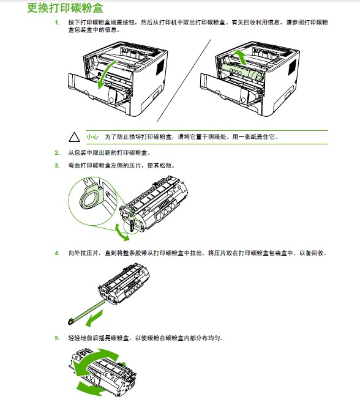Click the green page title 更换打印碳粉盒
pos(65,8)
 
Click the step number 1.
pos(58,23)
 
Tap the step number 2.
pos(58,153)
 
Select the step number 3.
pos(58,166)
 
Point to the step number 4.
pos(58,253)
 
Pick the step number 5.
pos(58,338)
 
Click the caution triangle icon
pos(74,137)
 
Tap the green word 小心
pos(92,137)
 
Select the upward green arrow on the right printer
pos(241,57)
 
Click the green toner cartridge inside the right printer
pos(243,72)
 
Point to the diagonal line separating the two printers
pos(184,81)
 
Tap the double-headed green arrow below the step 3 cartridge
pos(122,232)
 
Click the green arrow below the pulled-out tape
pos(94,319)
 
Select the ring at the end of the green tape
pos(70,322)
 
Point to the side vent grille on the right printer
pos(292,67)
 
